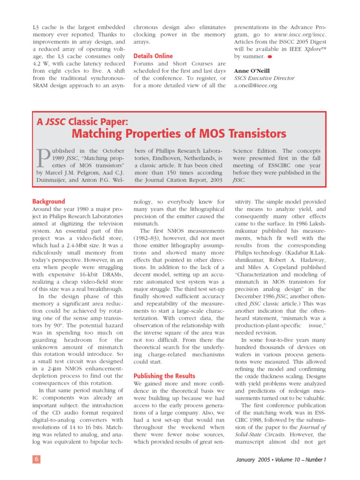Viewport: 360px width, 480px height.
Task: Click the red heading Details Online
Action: pyautogui.click(x=153, y=56)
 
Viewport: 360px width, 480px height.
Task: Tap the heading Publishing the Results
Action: pyautogui.click(x=162, y=376)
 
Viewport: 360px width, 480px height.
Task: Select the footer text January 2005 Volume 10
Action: pyautogui.click(x=280, y=459)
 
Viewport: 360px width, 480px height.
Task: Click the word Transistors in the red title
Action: pyautogui.click(x=250, y=134)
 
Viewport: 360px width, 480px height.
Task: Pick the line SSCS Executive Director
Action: pyautogui.click(x=264, y=78)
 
